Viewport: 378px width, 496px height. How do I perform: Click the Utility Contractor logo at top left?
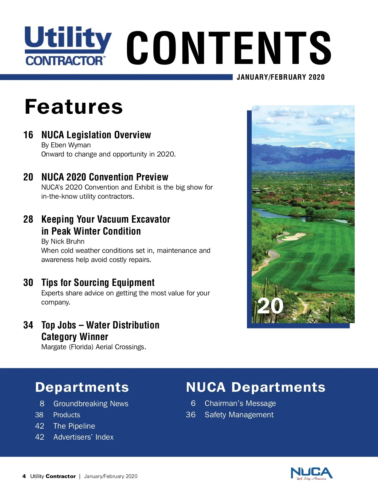(x=68, y=46)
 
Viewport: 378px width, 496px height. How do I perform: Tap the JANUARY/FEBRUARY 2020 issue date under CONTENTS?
(x=280, y=77)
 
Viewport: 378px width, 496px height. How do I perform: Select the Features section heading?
(x=74, y=106)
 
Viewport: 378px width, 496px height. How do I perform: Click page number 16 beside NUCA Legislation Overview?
(x=28, y=135)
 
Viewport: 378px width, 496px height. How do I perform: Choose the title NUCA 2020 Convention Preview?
(x=105, y=177)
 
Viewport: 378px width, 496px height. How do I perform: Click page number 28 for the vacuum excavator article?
(x=28, y=219)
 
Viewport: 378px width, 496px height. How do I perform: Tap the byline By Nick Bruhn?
(x=63, y=242)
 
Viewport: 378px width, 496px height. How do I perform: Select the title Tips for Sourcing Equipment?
(x=98, y=282)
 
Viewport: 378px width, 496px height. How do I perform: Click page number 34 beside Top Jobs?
(x=28, y=325)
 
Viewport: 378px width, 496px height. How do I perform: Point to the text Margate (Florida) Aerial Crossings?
(x=94, y=347)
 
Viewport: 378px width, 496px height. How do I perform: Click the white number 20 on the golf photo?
(x=270, y=306)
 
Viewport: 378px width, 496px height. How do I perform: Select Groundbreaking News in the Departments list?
(x=91, y=404)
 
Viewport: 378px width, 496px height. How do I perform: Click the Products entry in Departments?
(x=66, y=415)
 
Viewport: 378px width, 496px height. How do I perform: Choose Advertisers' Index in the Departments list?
(x=83, y=437)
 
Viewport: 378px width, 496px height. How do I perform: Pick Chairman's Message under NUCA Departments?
(x=240, y=403)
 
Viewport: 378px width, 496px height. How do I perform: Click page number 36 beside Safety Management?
(x=191, y=415)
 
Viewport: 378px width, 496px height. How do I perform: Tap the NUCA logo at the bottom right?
(x=311, y=473)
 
